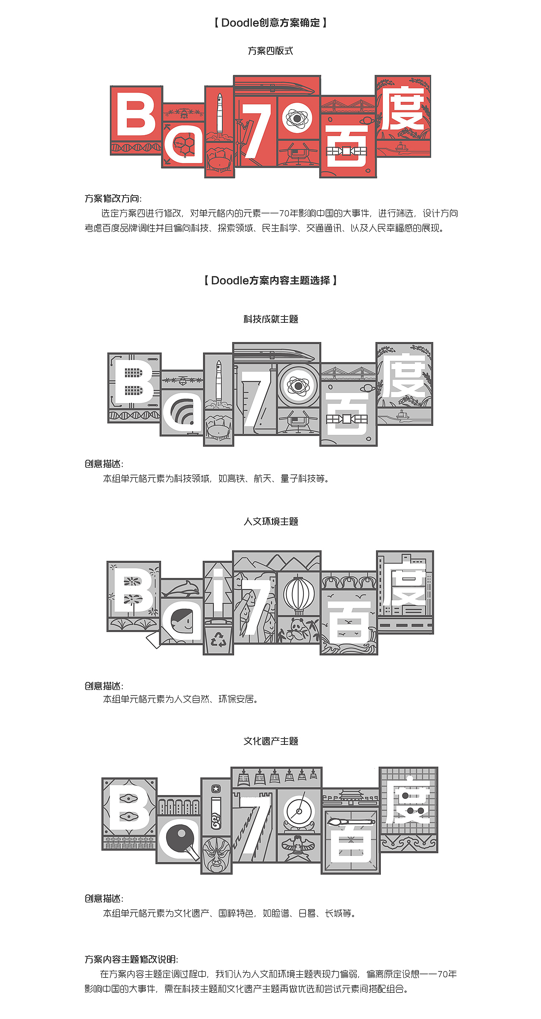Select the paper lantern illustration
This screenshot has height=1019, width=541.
point(299,594)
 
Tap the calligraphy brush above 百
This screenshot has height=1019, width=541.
point(350,822)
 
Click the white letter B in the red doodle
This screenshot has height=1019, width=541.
point(136,114)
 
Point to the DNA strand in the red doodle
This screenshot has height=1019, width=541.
point(136,147)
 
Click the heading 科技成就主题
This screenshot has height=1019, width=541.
point(271,319)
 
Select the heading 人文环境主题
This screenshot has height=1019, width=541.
point(271,521)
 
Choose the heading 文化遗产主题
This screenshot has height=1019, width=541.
point(271,741)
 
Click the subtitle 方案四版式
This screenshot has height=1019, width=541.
point(270,51)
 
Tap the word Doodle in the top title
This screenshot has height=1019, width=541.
point(240,23)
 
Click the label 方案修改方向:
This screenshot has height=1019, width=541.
point(113,199)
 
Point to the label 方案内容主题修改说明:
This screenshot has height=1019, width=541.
point(131,959)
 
